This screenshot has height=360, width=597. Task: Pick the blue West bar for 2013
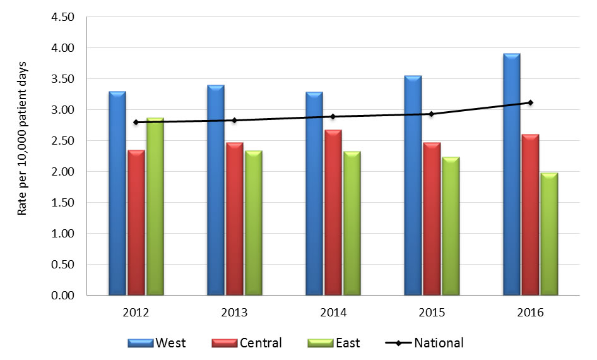click(x=216, y=190)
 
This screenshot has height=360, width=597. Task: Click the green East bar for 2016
click(x=550, y=234)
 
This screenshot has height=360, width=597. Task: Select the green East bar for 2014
click(x=353, y=224)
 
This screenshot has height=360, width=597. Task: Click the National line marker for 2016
click(x=531, y=102)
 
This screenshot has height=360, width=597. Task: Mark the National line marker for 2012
click(x=136, y=122)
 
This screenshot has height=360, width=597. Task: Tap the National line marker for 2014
click(x=334, y=116)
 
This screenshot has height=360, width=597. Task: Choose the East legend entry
click(x=334, y=343)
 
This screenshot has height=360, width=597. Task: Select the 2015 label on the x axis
click(x=432, y=313)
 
